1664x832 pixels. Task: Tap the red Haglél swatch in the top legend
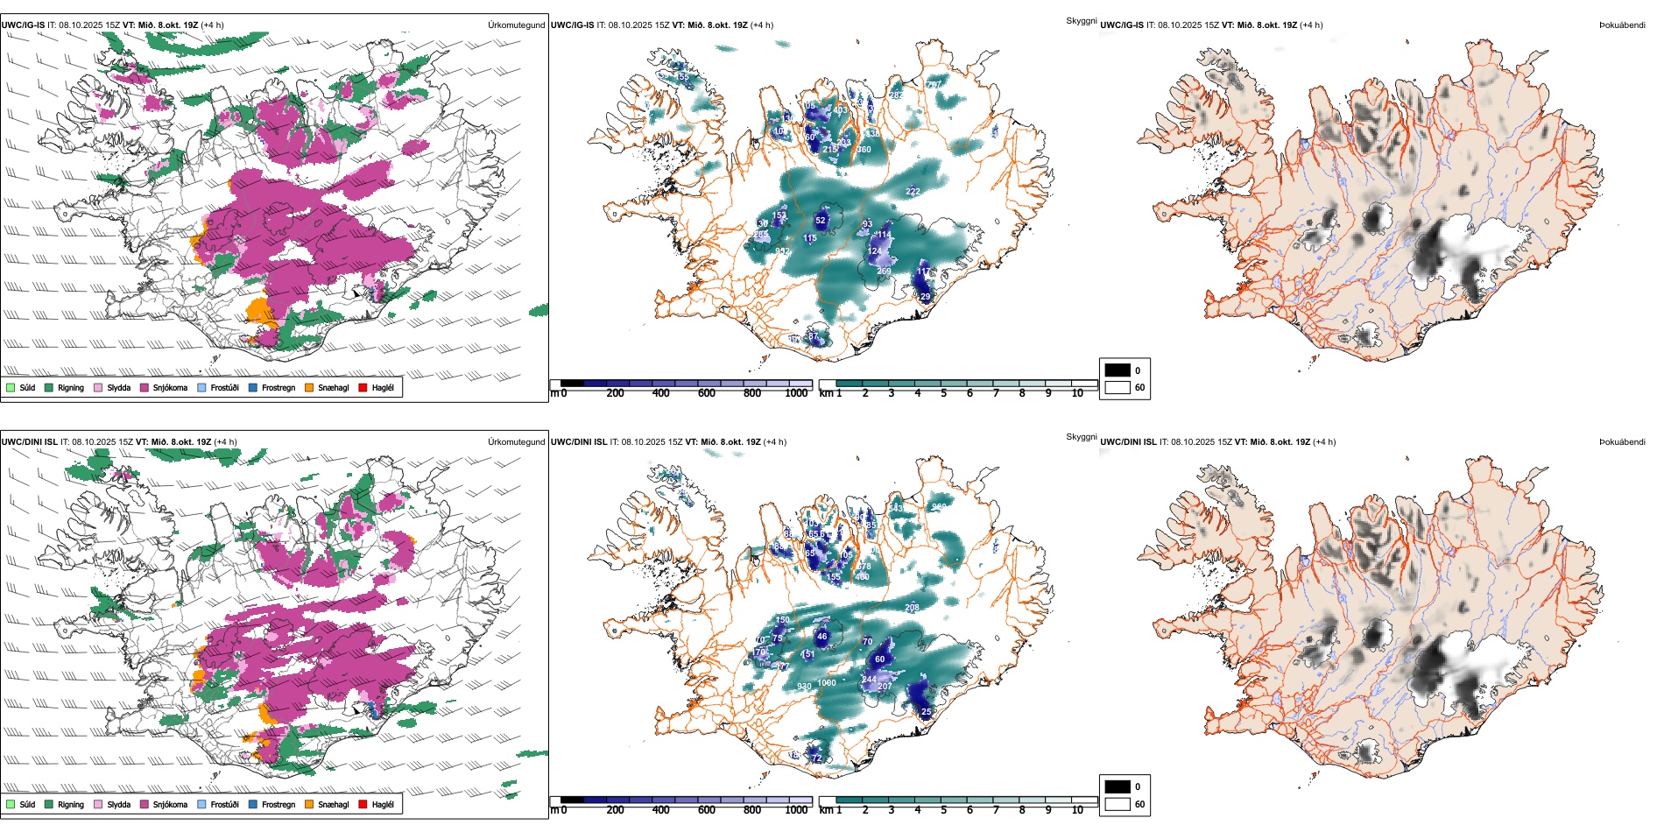(363, 388)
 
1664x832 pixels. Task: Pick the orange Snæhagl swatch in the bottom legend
(309, 805)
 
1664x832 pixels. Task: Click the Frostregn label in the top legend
(278, 388)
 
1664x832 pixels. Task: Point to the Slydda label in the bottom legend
(118, 805)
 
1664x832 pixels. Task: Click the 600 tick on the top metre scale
(707, 393)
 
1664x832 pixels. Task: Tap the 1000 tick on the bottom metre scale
(796, 810)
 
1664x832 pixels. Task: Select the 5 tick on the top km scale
(943, 393)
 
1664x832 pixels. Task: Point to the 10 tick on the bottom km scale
(1077, 810)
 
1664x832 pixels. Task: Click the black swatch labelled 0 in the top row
(1118, 370)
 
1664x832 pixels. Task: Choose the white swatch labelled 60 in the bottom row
(1118, 804)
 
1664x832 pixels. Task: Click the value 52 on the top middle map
(821, 221)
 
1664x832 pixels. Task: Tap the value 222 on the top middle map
(913, 192)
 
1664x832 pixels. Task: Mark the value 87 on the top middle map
(814, 336)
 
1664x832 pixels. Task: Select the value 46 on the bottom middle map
(821, 637)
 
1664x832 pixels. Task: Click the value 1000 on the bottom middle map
(827, 683)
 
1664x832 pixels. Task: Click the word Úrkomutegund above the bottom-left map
(516, 442)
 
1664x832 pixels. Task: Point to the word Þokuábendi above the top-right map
(1622, 25)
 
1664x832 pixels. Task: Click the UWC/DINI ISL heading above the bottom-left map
(29, 442)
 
